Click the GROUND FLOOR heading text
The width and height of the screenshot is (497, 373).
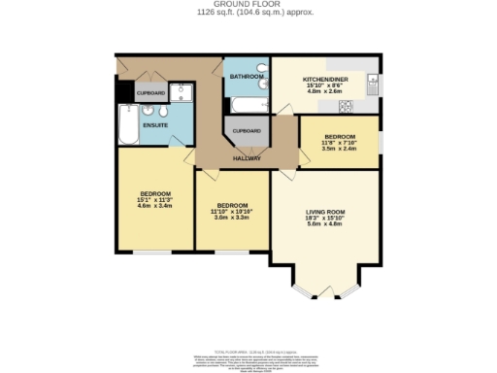coord(248,5)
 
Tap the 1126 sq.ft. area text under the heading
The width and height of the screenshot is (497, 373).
coord(248,13)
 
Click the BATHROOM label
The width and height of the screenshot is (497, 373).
coord(246,76)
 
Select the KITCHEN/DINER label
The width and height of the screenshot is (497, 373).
coord(326,78)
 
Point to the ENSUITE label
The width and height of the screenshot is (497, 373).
coord(155,125)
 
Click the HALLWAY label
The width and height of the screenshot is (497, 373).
coord(247,158)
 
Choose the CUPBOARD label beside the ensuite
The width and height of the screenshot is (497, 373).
coord(150,94)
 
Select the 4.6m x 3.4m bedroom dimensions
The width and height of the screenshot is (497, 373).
coord(154,206)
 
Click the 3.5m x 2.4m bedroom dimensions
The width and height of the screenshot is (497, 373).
coord(340,149)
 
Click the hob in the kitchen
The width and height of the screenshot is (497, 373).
coord(373,106)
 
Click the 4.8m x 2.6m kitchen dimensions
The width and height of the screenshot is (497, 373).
coord(326,91)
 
